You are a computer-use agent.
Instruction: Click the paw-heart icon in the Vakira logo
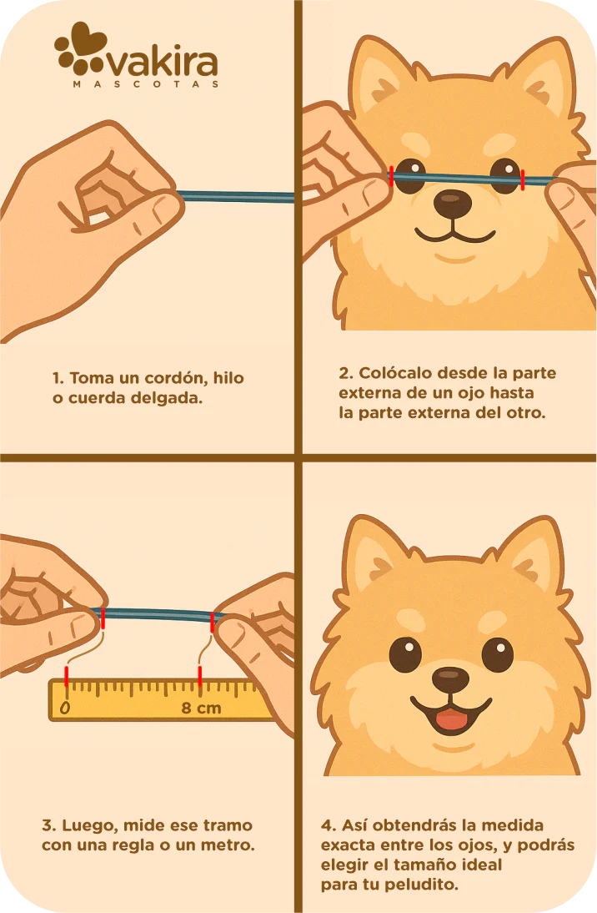(80, 49)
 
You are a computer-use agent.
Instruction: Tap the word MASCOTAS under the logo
(146, 84)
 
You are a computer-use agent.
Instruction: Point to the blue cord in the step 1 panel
(238, 197)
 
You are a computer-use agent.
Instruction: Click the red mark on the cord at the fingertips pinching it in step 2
(391, 174)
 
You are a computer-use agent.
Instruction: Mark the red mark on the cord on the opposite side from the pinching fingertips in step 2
(522, 178)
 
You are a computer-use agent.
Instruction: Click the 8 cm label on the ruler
(202, 708)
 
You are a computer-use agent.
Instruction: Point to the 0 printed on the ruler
(65, 709)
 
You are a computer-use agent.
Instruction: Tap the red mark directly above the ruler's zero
(67, 674)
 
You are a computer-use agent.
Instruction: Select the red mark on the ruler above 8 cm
(199, 673)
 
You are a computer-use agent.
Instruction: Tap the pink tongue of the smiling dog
(451, 719)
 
